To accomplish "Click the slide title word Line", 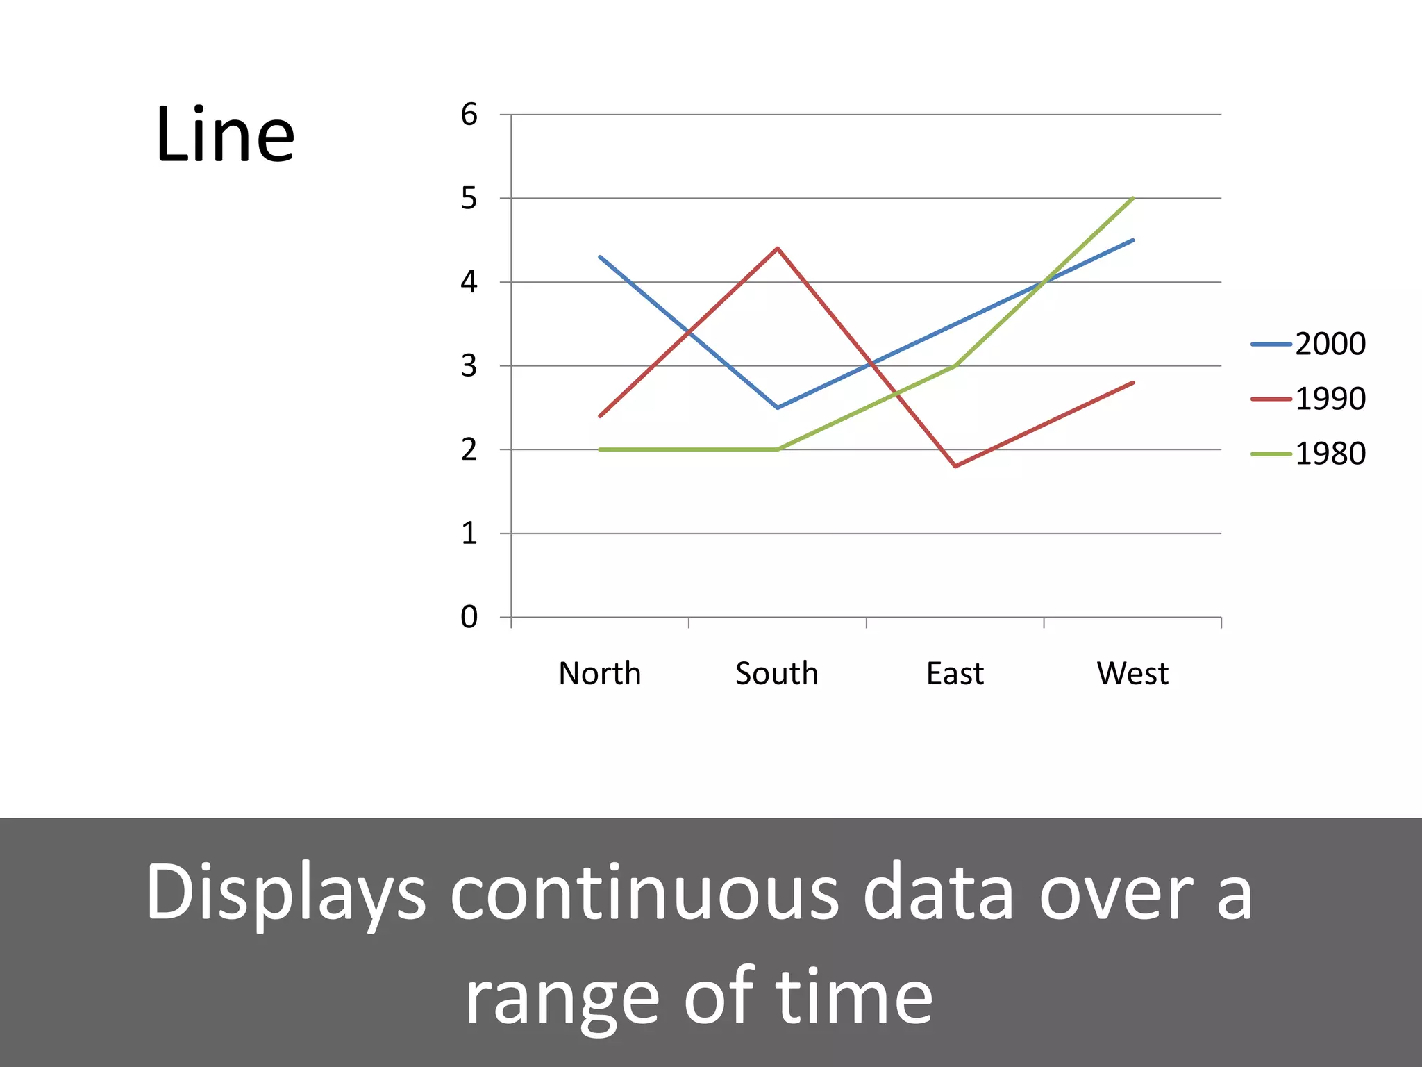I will click(x=225, y=135).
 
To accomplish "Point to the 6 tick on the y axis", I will click(x=469, y=115).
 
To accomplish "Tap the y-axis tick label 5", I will click(x=469, y=199).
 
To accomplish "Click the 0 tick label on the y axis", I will click(x=469, y=617).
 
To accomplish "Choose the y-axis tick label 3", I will click(x=469, y=366).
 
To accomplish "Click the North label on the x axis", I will click(x=600, y=673).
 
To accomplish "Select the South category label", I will click(x=777, y=673).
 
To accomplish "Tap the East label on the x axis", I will click(x=955, y=673).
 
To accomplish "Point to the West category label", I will click(x=1132, y=673).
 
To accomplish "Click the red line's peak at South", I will click(x=778, y=248).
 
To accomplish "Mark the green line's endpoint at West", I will click(x=1132, y=198).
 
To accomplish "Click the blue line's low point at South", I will click(x=778, y=408).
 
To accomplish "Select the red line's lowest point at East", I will click(x=955, y=466).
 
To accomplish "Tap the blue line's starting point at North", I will click(x=600, y=257).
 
